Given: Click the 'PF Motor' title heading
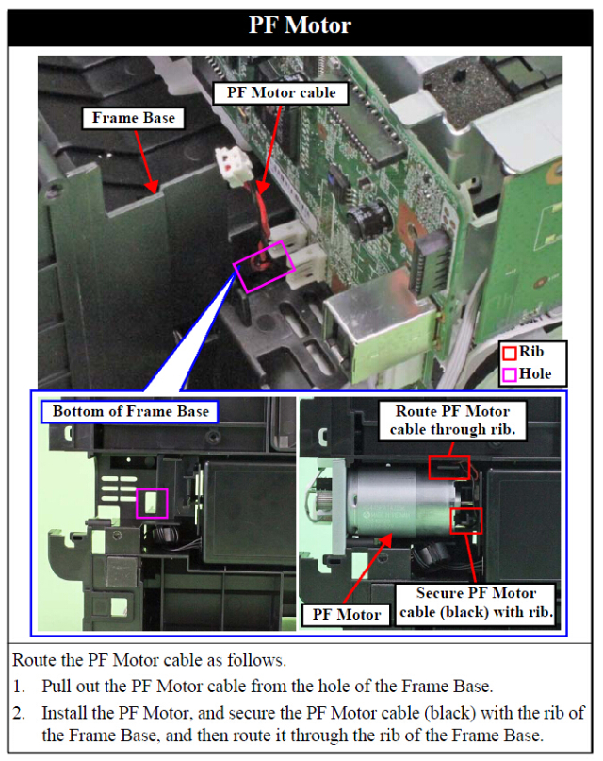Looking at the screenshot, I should pyautogui.click(x=300, y=25).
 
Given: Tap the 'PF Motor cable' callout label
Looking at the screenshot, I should pyautogui.click(x=280, y=92).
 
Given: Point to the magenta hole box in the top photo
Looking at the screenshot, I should pyautogui.click(x=268, y=268).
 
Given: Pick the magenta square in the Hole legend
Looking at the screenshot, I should pyautogui.click(x=509, y=373).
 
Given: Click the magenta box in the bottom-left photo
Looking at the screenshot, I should pyautogui.click(x=151, y=502).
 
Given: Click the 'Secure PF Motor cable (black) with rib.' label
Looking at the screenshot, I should pyautogui.click(x=476, y=602).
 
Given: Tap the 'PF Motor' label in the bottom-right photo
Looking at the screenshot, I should pyautogui.click(x=348, y=614).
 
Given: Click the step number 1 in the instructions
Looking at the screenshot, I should pyautogui.click(x=21, y=685).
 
